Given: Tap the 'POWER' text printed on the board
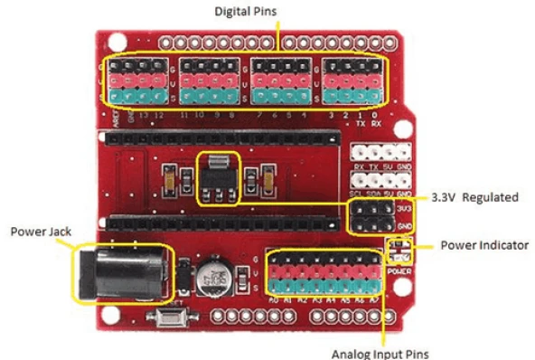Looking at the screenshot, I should (x=398, y=269).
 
